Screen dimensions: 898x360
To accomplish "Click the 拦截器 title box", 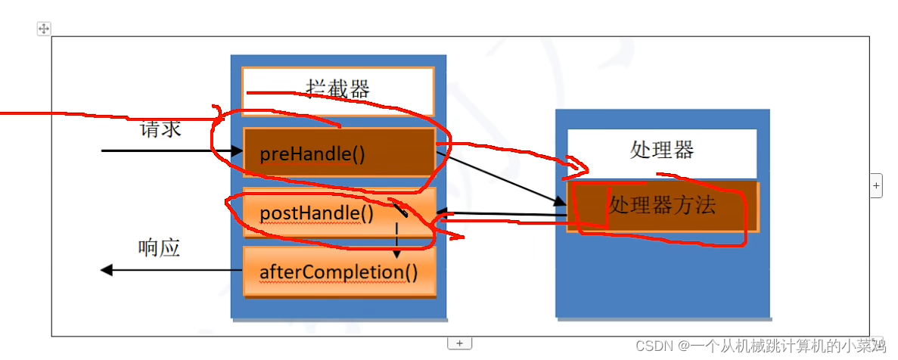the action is click(337, 91).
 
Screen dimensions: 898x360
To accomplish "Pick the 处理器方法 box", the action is click(663, 205).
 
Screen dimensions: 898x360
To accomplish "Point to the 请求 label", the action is click(160, 129).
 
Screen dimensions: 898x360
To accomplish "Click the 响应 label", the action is click(160, 248).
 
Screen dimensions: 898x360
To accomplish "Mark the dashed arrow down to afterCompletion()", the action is click(396, 238).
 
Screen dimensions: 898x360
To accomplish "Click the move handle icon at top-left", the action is click(44, 29).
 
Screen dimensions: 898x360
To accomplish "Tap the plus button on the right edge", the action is click(876, 185).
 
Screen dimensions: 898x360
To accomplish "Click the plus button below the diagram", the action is click(459, 343).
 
